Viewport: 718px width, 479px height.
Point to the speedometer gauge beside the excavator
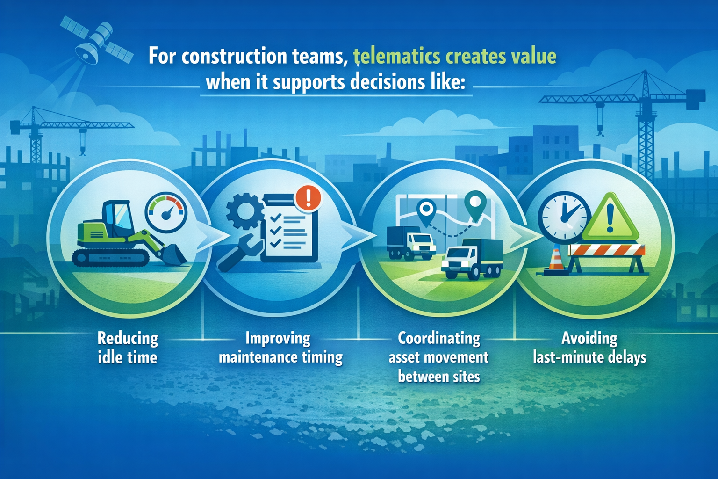[166, 213]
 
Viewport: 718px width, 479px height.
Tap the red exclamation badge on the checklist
[308, 198]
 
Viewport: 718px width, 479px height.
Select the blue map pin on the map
[426, 210]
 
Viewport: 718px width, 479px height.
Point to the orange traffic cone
[556, 260]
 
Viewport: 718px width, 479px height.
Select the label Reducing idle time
[128, 348]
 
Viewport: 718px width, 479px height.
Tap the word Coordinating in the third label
[439, 338]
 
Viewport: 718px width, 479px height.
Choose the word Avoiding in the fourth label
[589, 338]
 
